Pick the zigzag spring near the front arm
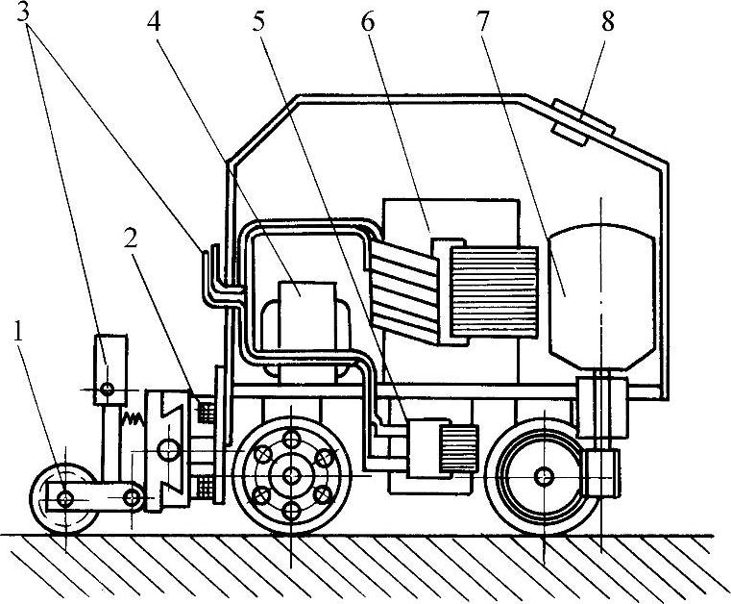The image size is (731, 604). click(131, 419)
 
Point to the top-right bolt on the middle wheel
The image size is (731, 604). click(325, 456)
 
